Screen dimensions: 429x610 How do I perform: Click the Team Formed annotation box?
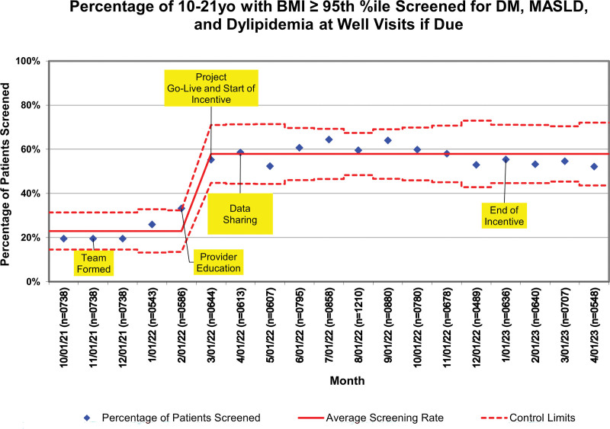(x=93, y=263)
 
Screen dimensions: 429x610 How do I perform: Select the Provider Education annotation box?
(x=218, y=262)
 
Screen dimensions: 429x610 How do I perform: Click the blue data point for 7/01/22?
(x=329, y=139)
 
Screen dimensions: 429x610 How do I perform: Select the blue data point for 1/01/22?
(x=152, y=224)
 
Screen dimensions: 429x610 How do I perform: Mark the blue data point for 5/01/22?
(x=270, y=166)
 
